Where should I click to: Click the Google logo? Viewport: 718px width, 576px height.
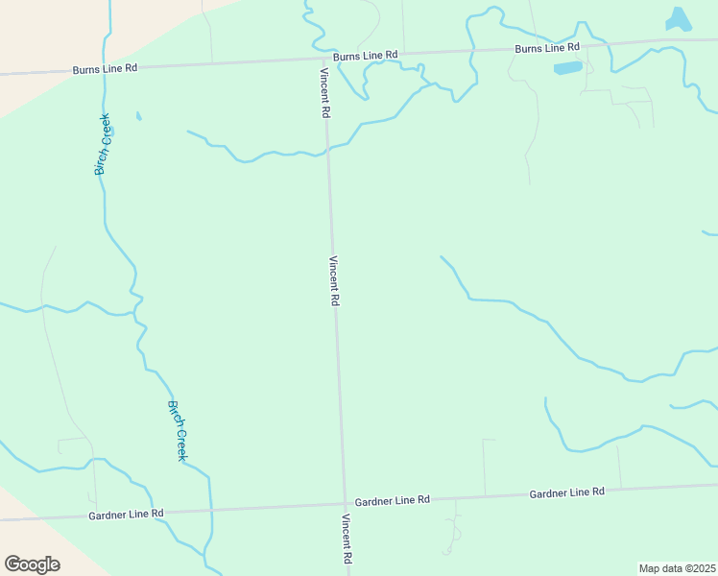(x=32, y=564)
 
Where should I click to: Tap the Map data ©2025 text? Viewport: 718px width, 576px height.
(x=677, y=568)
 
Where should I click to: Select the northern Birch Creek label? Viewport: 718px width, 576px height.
(x=103, y=144)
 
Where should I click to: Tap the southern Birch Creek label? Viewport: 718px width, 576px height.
(x=177, y=430)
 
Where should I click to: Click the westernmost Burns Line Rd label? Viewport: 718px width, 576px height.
(x=107, y=69)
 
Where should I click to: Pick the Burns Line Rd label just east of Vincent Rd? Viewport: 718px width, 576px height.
(x=366, y=56)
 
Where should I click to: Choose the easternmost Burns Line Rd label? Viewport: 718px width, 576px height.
(x=547, y=47)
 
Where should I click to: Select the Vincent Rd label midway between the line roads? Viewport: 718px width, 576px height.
(x=334, y=280)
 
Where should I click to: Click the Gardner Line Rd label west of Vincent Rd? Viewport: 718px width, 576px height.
(x=126, y=514)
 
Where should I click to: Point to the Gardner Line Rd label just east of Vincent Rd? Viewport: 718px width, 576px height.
(x=392, y=501)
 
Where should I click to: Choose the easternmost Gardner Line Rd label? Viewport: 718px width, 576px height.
(x=566, y=492)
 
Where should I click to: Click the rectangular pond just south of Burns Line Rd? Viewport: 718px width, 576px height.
(x=567, y=68)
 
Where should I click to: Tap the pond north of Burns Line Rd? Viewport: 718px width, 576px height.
(x=678, y=19)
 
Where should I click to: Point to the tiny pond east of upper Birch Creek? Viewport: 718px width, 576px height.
(x=138, y=117)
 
